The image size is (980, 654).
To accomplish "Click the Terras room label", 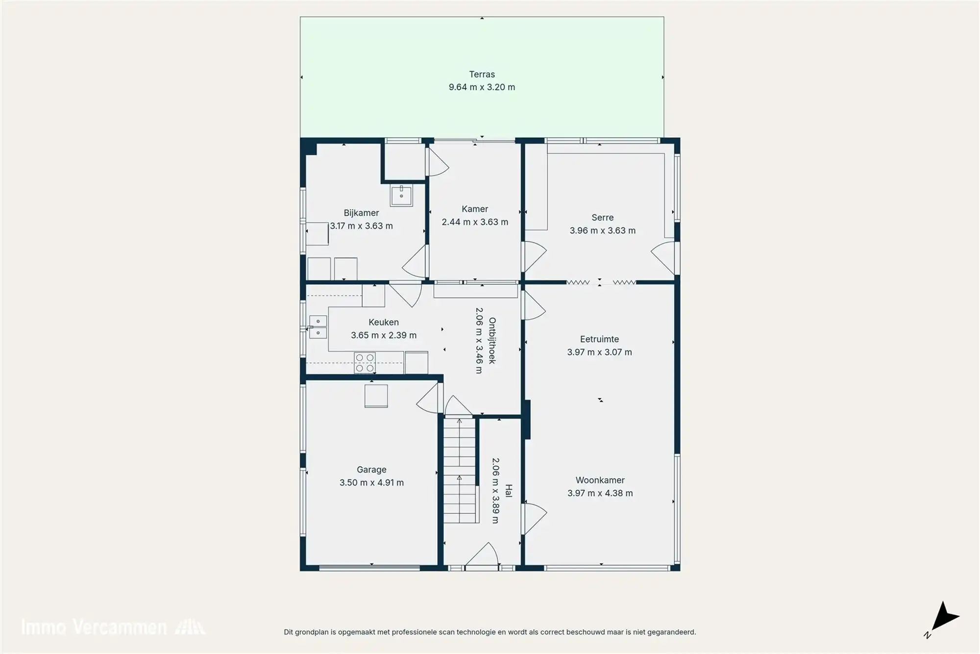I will click(x=482, y=75).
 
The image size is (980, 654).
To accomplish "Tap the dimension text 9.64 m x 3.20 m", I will click(x=482, y=87).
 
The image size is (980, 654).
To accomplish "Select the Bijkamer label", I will click(x=361, y=213).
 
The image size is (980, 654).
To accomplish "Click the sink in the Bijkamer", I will click(x=401, y=195).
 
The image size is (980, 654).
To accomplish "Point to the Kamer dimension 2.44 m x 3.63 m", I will click(x=475, y=222).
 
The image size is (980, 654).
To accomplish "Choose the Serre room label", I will click(x=602, y=218).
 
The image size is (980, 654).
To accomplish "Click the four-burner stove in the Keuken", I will click(x=365, y=363).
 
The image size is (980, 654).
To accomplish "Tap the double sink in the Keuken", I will click(x=318, y=327).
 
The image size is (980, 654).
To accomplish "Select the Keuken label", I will click(x=383, y=322).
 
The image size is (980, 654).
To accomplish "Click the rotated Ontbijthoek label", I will click(x=492, y=340).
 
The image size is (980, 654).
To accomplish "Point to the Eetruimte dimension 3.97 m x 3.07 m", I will click(x=599, y=352).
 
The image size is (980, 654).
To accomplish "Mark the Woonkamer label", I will click(x=600, y=480).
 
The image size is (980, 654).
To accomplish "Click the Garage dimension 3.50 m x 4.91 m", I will click(x=371, y=482).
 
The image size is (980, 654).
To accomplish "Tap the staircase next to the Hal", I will click(x=460, y=471).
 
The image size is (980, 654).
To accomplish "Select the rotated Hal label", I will click(x=508, y=491).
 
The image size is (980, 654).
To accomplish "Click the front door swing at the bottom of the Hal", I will click(x=483, y=555).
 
